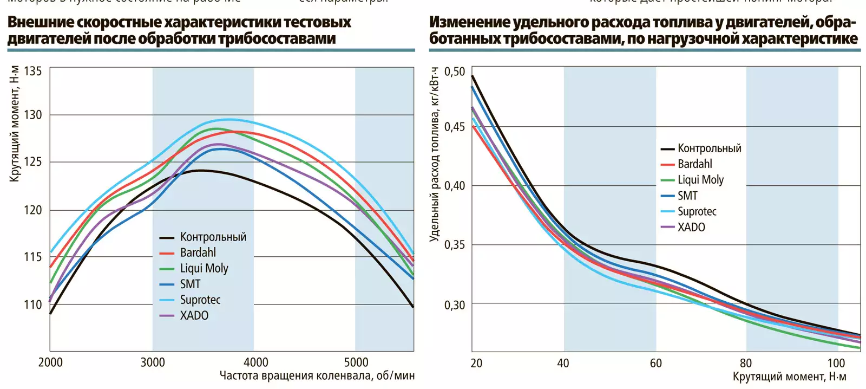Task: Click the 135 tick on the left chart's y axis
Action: coord(33,71)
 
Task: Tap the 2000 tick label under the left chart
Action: coord(50,362)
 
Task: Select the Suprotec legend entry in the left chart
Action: coord(200,300)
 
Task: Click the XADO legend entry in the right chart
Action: coord(691,227)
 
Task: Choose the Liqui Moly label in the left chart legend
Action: coord(204,268)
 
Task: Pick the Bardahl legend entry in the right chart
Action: coord(694,164)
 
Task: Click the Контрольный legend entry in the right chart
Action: coord(709,148)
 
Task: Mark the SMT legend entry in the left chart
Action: coord(190,284)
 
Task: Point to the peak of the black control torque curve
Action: coord(200,170)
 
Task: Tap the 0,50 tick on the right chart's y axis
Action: coord(455,72)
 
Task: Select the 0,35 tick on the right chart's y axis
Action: coord(455,244)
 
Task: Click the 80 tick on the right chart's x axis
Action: coord(746,362)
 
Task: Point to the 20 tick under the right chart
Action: coord(476,362)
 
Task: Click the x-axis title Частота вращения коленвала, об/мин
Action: coord(317,375)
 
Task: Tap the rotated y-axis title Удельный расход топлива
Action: coord(434,154)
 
